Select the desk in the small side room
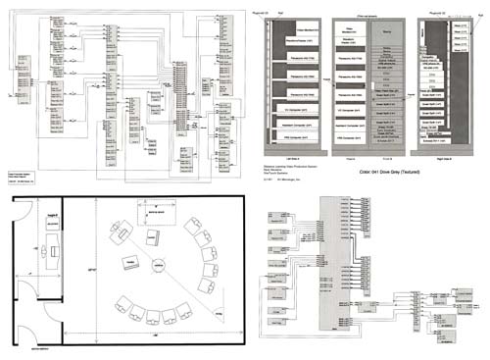tap(49, 256)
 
